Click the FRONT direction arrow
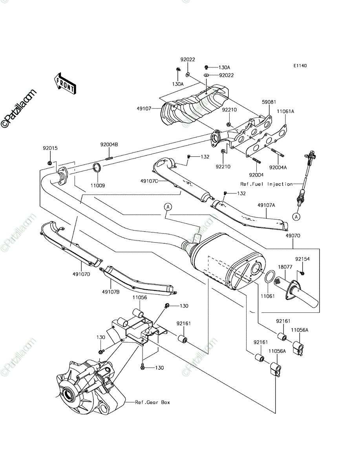[65, 84]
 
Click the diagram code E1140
[300, 66]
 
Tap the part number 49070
[293, 235]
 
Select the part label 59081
[269, 102]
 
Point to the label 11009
[98, 185]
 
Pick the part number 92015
[50, 148]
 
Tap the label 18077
[285, 267]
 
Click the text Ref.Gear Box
[152, 402]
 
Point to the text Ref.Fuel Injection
[267, 184]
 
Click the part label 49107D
[81, 274]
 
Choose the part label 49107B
[111, 292]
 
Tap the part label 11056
[140, 298]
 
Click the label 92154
[302, 259]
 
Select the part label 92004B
[109, 144]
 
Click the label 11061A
[285, 111]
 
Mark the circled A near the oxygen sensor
[296, 217]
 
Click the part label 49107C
[149, 181]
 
